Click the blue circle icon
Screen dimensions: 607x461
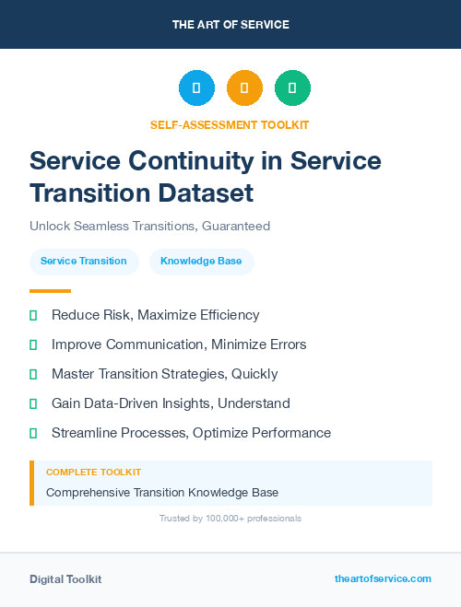coord(196,88)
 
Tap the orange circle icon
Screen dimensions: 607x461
coord(244,88)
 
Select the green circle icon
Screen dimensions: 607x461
coord(292,88)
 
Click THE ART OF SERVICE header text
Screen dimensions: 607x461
coord(230,25)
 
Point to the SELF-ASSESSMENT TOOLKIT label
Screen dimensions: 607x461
coord(230,124)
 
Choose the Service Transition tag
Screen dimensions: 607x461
coord(84,262)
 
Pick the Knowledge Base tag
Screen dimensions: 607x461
coord(201,262)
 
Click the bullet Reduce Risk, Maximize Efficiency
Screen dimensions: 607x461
coord(155,315)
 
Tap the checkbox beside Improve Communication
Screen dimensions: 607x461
coord(33,345)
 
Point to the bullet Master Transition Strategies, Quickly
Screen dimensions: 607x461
coord(164,374)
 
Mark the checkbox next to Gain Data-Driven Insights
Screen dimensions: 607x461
coord(33,404)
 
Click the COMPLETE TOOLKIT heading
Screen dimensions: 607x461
coord(93,473)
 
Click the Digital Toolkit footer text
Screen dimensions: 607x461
coord(65,579)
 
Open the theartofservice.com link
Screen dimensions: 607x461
coord(383,578)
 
